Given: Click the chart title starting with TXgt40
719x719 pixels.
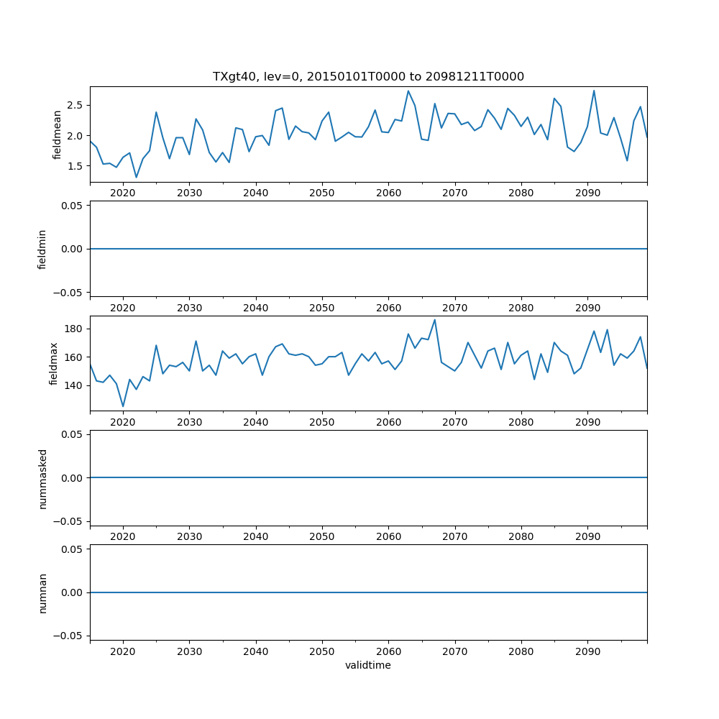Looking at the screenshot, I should [368, 76].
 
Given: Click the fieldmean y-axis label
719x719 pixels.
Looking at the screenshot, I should [57, 134].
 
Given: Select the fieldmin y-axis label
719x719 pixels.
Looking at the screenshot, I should [42, 249].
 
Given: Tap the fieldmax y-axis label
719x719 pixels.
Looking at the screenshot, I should [53, 364].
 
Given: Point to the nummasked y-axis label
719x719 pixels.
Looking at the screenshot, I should [42, 478].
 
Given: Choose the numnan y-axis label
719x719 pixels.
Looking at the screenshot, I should [42, 592].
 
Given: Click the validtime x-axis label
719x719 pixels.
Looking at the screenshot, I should [368, 665].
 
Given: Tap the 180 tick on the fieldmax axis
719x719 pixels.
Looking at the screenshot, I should [73, 329].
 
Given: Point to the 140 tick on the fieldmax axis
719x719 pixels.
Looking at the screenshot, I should [73, 385].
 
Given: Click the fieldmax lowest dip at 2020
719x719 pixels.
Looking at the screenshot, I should [123, 406].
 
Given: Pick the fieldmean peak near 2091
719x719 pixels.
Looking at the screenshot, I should [594, 91].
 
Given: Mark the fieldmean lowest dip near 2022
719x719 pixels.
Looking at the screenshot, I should [136, 177].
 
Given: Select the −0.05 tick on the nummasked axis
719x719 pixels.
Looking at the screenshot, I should [70, 521].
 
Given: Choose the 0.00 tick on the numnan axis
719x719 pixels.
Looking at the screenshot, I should [73, 592].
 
